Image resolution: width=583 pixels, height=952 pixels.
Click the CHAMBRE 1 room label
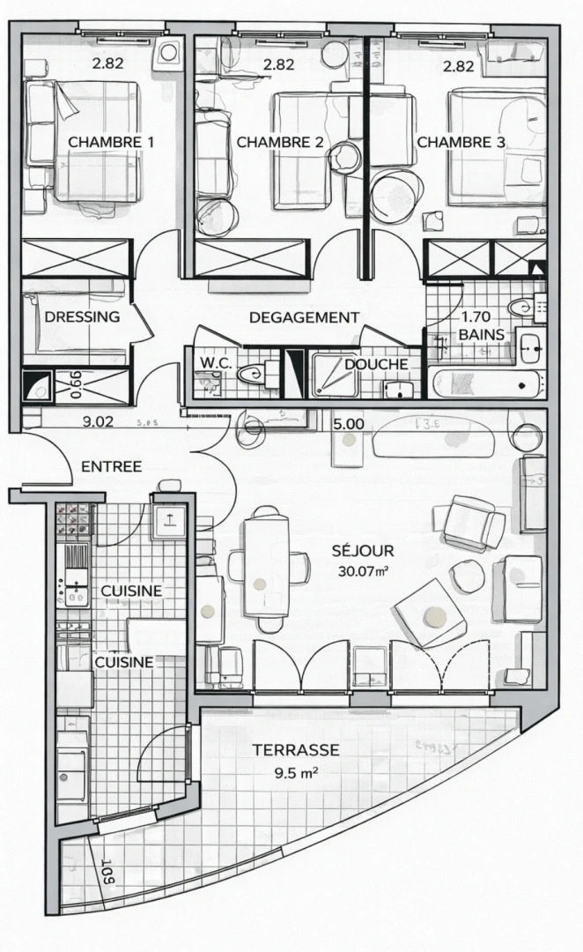111,142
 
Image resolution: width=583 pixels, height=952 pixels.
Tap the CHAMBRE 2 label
279,142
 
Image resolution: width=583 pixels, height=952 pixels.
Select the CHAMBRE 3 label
461,142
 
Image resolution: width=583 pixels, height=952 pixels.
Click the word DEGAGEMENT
304,317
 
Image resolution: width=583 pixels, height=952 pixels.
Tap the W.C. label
216,362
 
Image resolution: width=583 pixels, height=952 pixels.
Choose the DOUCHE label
375,364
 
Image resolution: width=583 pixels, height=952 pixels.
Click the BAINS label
482,335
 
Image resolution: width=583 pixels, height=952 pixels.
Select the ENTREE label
111,466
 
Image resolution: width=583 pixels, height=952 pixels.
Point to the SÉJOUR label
363,551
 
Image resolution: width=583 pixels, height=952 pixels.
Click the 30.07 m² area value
364,571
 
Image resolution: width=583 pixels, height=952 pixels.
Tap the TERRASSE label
296,750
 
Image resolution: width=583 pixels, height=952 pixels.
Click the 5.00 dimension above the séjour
349,423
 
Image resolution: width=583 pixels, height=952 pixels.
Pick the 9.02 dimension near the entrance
97,421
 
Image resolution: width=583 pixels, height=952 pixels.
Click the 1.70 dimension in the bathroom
476,316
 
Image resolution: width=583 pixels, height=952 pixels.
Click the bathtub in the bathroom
483,383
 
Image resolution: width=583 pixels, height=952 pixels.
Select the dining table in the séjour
266,564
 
